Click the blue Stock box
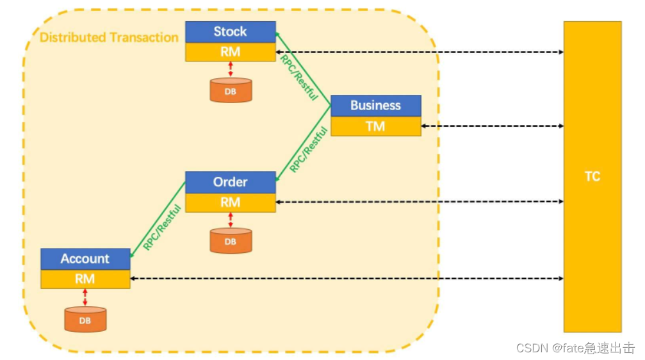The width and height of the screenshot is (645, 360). pos(230,32)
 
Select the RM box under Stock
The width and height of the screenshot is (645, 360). pos(230,52)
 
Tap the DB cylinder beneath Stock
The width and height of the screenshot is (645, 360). pos(231,90)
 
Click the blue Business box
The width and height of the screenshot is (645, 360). pos(375,106)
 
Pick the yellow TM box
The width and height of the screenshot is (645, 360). pos(375,126)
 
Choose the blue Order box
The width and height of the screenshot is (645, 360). pos(230,182)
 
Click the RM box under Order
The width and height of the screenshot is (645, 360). pos(230,202)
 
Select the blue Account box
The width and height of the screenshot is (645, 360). pos(85,259)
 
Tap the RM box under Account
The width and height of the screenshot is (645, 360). pos(85,279)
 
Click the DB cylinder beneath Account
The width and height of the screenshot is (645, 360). pos(85,319)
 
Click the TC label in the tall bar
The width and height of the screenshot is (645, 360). pos(592,177)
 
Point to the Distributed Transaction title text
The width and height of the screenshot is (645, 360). pos(109,37)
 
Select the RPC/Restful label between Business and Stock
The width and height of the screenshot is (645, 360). pos(299,77)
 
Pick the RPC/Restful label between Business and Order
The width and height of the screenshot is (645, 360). pos(309,149)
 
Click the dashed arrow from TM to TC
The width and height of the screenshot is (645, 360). pos(492,126)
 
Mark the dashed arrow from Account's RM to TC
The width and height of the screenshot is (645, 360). pos(346,279)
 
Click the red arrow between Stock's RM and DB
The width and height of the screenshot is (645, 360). pos(231,69)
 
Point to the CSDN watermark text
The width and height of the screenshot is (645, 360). pos(575,348)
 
